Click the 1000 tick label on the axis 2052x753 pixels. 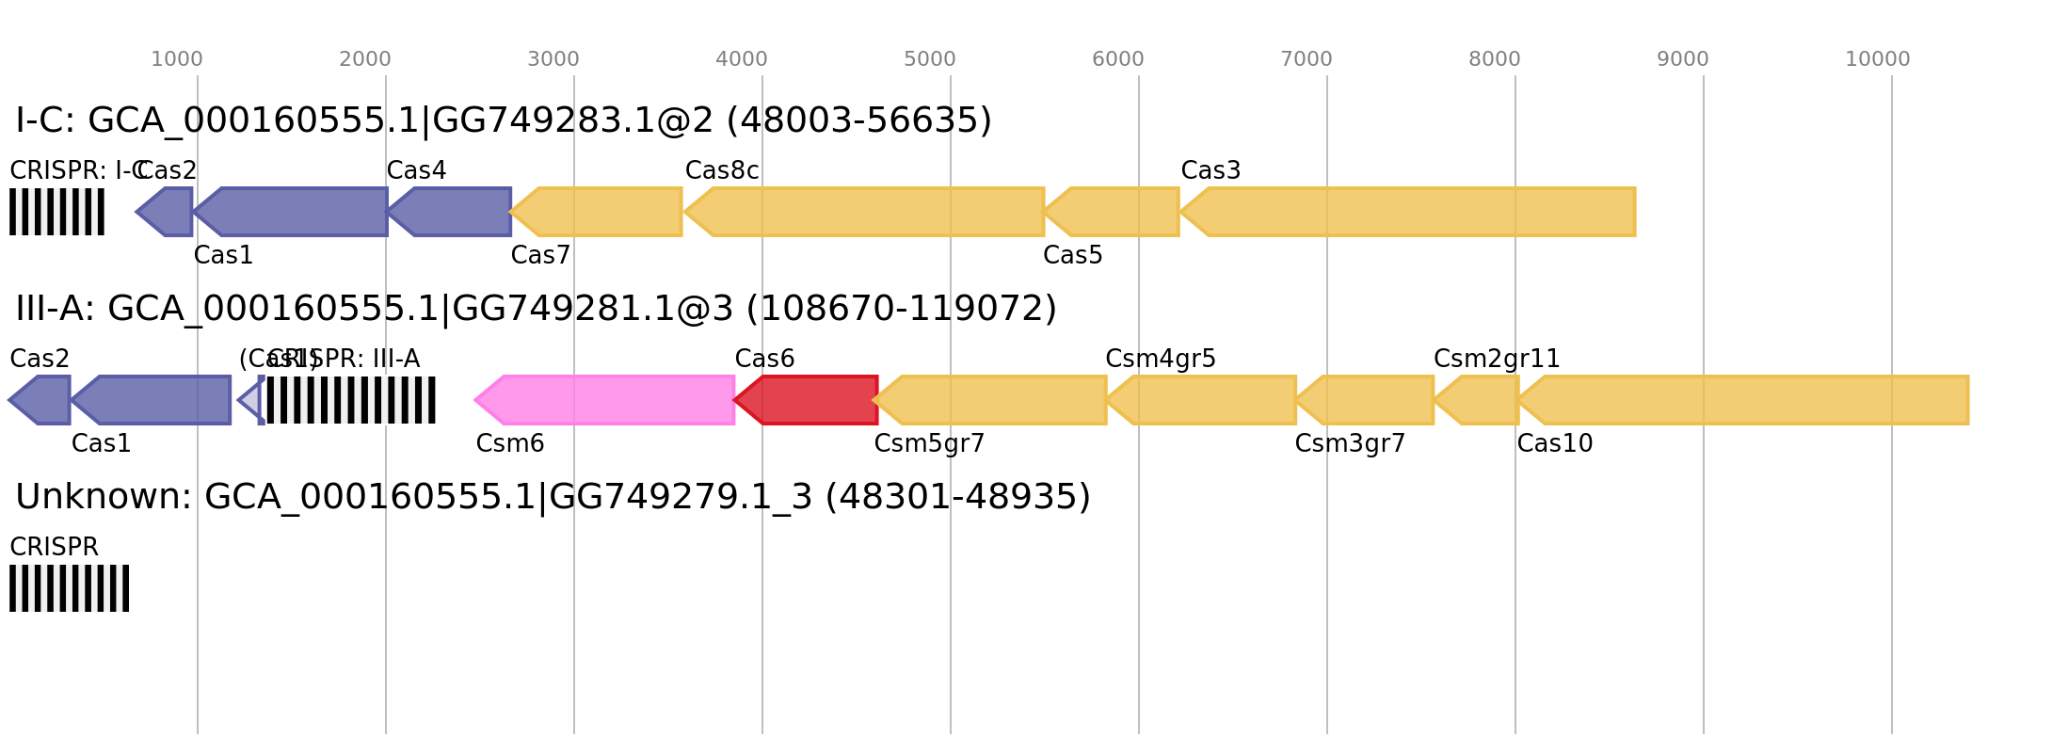point(177,59)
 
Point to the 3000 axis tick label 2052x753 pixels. point(553,59)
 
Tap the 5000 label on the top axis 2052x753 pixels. point(930,59)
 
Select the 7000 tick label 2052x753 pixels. point(1307,59)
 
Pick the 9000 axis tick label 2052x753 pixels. point(1683,59)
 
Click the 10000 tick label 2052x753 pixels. point(1877,59)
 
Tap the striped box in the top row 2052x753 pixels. point(56,212)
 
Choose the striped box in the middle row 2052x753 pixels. point(351,400)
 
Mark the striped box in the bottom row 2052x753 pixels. point(69,588)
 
